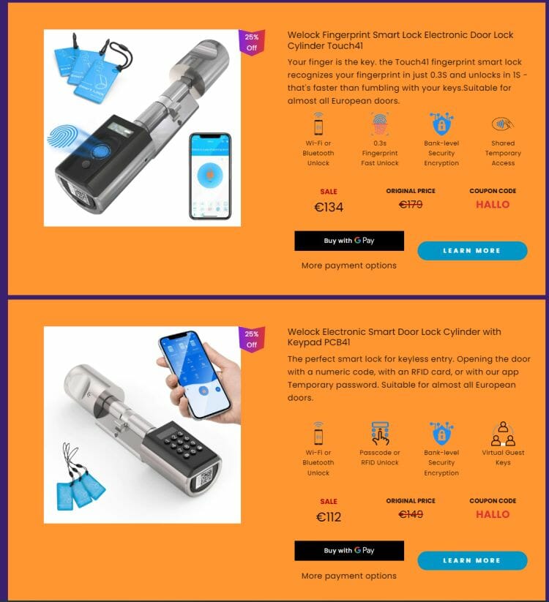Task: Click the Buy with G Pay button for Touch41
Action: (x=349, y=241)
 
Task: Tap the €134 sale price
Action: (x=329, y=207)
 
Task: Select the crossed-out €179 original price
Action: (x=411, y=204)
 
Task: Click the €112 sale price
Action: (x=329, y=516)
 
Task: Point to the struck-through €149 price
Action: (x=411, y=514)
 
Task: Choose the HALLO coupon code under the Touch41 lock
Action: (x=493, y=204)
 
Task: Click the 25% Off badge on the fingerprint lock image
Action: (x=252, y=42)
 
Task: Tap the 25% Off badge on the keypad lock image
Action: (x=252, y=339)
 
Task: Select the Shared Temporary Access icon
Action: (x=502, y=124)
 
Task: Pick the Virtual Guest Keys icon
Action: (x=503, y=434)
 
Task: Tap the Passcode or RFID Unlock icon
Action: (x=380, y=434)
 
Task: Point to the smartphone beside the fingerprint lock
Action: (x=210, y=176)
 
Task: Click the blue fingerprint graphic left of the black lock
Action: (x=63, y=137)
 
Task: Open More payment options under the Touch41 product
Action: (x=349, y=266)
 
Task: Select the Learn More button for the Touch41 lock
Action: (x=472, y=251)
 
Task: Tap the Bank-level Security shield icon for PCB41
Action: (x=441, y=433)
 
